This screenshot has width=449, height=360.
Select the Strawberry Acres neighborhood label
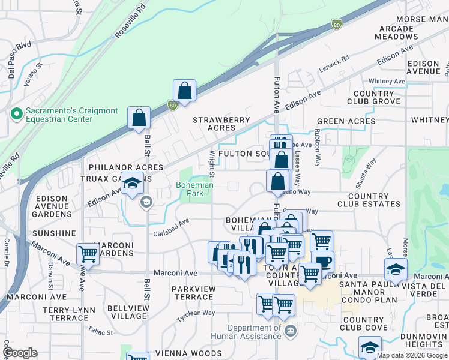tap(221, 124)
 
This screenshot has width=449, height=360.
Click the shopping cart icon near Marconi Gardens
tap(88, 254)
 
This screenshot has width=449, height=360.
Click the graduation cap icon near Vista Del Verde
tap(396, 269)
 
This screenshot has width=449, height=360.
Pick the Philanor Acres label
tap(125, 167)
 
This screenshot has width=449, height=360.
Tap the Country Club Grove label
tap(373, 98)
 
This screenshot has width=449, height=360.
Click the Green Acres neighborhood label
tap(346, 121)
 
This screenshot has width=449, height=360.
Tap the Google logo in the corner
tap(19, 353)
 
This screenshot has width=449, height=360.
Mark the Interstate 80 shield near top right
tap(337, 25)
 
